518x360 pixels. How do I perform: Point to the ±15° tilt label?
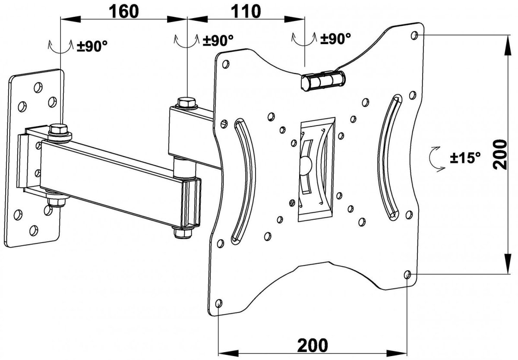pos(465,158)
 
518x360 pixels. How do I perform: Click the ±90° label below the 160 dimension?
pos(92,46)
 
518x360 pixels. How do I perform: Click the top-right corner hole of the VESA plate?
pos(415,35)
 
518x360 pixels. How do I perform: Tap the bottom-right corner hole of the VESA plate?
pos(407,274)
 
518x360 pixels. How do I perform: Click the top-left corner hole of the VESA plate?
pos(225,64)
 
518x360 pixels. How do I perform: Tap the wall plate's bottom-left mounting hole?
pos(18,213)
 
